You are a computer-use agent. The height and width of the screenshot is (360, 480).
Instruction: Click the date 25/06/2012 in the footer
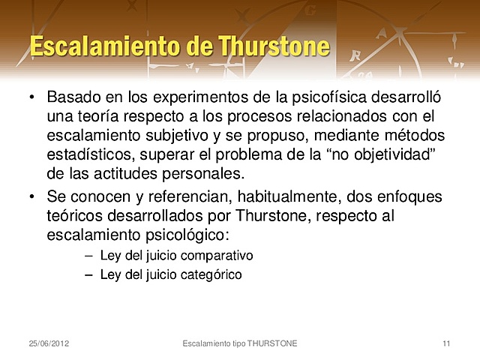click(x=49, y=343)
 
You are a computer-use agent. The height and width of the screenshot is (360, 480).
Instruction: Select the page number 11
click(x=447, y=343)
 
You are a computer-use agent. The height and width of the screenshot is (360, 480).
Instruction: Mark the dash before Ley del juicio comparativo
click(x=89, y=255)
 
